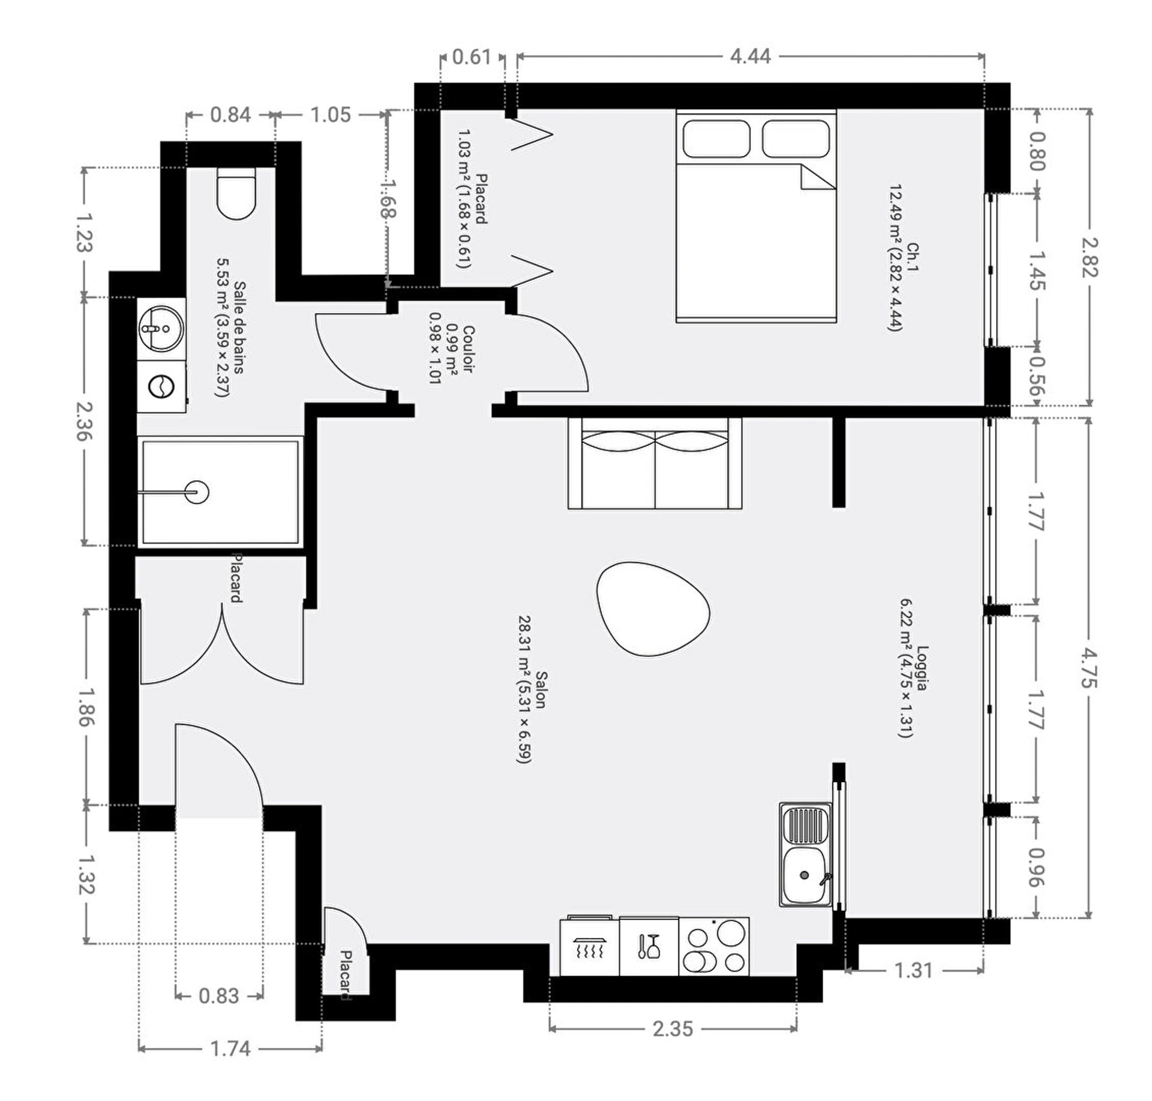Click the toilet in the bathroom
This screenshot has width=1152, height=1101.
236,193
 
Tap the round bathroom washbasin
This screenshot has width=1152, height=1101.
161,328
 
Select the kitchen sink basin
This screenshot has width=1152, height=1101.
806,875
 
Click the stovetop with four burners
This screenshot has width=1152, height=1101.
714,946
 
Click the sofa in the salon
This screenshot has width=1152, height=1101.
655,463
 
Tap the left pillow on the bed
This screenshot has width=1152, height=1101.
716,139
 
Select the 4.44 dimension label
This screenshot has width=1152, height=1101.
750,56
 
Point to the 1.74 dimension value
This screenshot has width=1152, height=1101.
230,1049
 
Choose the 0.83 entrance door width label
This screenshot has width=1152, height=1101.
219,996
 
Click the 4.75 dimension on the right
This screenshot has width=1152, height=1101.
1089,667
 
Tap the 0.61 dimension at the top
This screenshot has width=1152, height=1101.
471,57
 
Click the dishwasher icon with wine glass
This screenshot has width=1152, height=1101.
649,946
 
